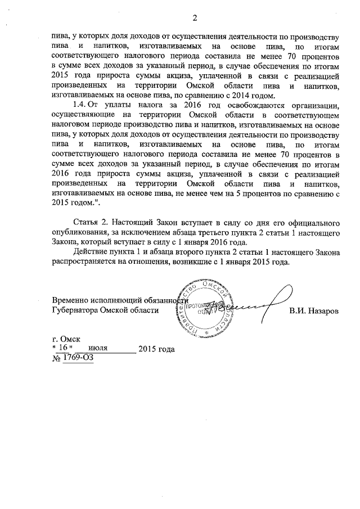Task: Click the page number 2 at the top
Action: click(x=193, y=17)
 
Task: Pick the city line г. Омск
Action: click(x=66, y=339)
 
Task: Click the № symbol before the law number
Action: click(x=56, y=358)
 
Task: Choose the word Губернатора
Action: click(x=78, y=310)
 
